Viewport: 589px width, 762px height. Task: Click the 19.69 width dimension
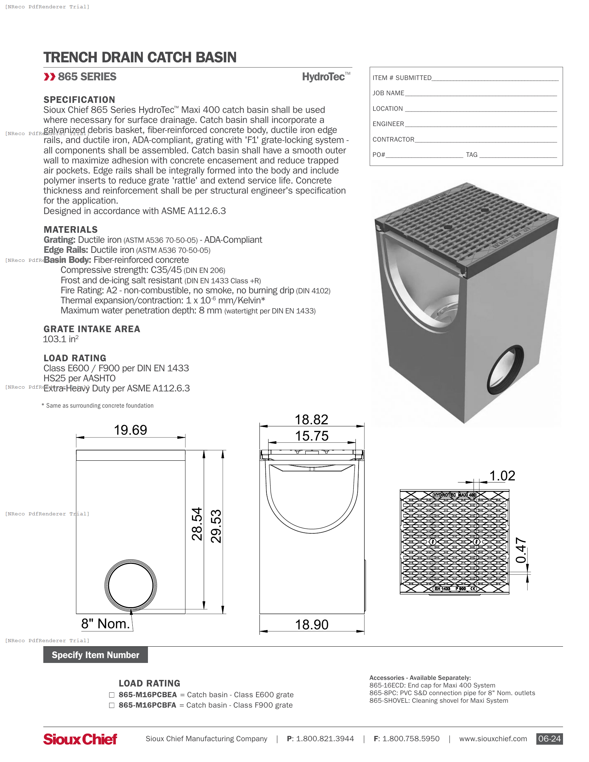[131, 430]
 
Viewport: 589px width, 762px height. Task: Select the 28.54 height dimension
[197, 524]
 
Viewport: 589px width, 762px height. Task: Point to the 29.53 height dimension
[216, 526]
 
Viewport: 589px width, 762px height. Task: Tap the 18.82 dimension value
[311, 420]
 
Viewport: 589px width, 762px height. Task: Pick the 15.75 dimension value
[311, 436]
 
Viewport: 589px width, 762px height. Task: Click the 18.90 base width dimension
[311, 625]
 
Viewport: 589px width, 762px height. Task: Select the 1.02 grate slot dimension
[502, 476]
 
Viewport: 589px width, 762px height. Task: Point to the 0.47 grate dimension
[521, 550]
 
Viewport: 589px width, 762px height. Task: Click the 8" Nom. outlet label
[105, 624]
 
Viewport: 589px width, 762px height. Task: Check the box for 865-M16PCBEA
[112, 695]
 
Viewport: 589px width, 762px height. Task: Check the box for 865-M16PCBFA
[112, 706]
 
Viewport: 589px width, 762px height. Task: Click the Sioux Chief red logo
[80, 739]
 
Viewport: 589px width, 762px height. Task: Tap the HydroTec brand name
[324, 77]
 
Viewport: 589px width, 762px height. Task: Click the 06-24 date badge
[549, 739]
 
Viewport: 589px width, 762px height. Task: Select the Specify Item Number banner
[95, 655]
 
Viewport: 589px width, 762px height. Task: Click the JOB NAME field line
[481, 94]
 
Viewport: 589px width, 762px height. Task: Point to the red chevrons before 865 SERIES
[50, 77]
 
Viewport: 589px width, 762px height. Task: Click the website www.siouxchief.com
[493, 739]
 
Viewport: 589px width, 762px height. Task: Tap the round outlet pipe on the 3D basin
[505, 370]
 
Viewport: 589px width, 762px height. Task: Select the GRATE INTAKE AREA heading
[92, 329]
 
